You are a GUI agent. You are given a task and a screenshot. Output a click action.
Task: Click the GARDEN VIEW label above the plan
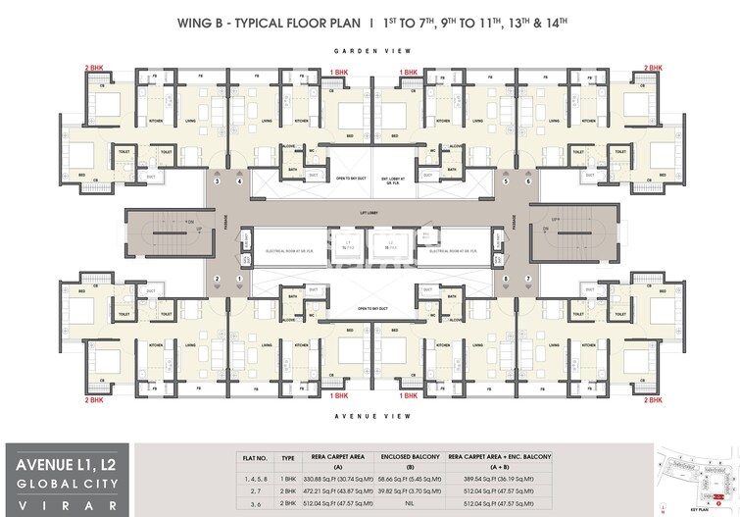tap(370, 50)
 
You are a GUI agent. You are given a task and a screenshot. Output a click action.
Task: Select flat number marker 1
tap(238, 280)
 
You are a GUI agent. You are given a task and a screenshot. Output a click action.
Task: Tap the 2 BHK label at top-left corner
tap(94, 67)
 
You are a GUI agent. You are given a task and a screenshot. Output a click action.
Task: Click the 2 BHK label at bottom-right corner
tap(653, 400)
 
